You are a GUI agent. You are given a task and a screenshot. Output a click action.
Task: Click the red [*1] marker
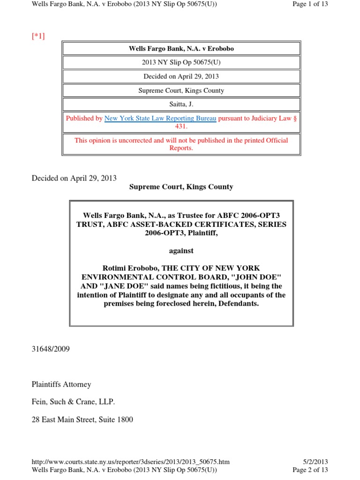(x=38, y=36)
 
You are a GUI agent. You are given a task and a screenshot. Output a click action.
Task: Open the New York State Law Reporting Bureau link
(x=160, y=119)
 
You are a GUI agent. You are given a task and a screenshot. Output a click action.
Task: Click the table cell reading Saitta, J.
(x=180, y=104)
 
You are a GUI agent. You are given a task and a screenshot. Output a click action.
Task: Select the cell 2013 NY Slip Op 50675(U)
(x=180, y=62)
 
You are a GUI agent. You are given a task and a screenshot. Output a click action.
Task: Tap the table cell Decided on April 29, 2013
(x=180, y=76)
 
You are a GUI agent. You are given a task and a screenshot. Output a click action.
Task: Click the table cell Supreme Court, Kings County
(x=180, y=90)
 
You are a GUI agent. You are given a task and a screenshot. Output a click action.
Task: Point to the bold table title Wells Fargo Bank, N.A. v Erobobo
(x=180, y=48)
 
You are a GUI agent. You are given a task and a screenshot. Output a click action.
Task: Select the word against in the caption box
(x=181, y=251)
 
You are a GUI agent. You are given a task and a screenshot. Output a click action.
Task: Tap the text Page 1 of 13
(x=309, y=4)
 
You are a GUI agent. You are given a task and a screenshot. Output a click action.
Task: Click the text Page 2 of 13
(x=310, y=470)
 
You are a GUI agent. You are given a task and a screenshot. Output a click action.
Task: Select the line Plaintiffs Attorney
(x=61, y=384)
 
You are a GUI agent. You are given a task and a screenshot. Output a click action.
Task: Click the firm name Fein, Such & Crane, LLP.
(x=73, y=402)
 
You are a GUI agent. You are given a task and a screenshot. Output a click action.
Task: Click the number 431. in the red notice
(x=181, y=127)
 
